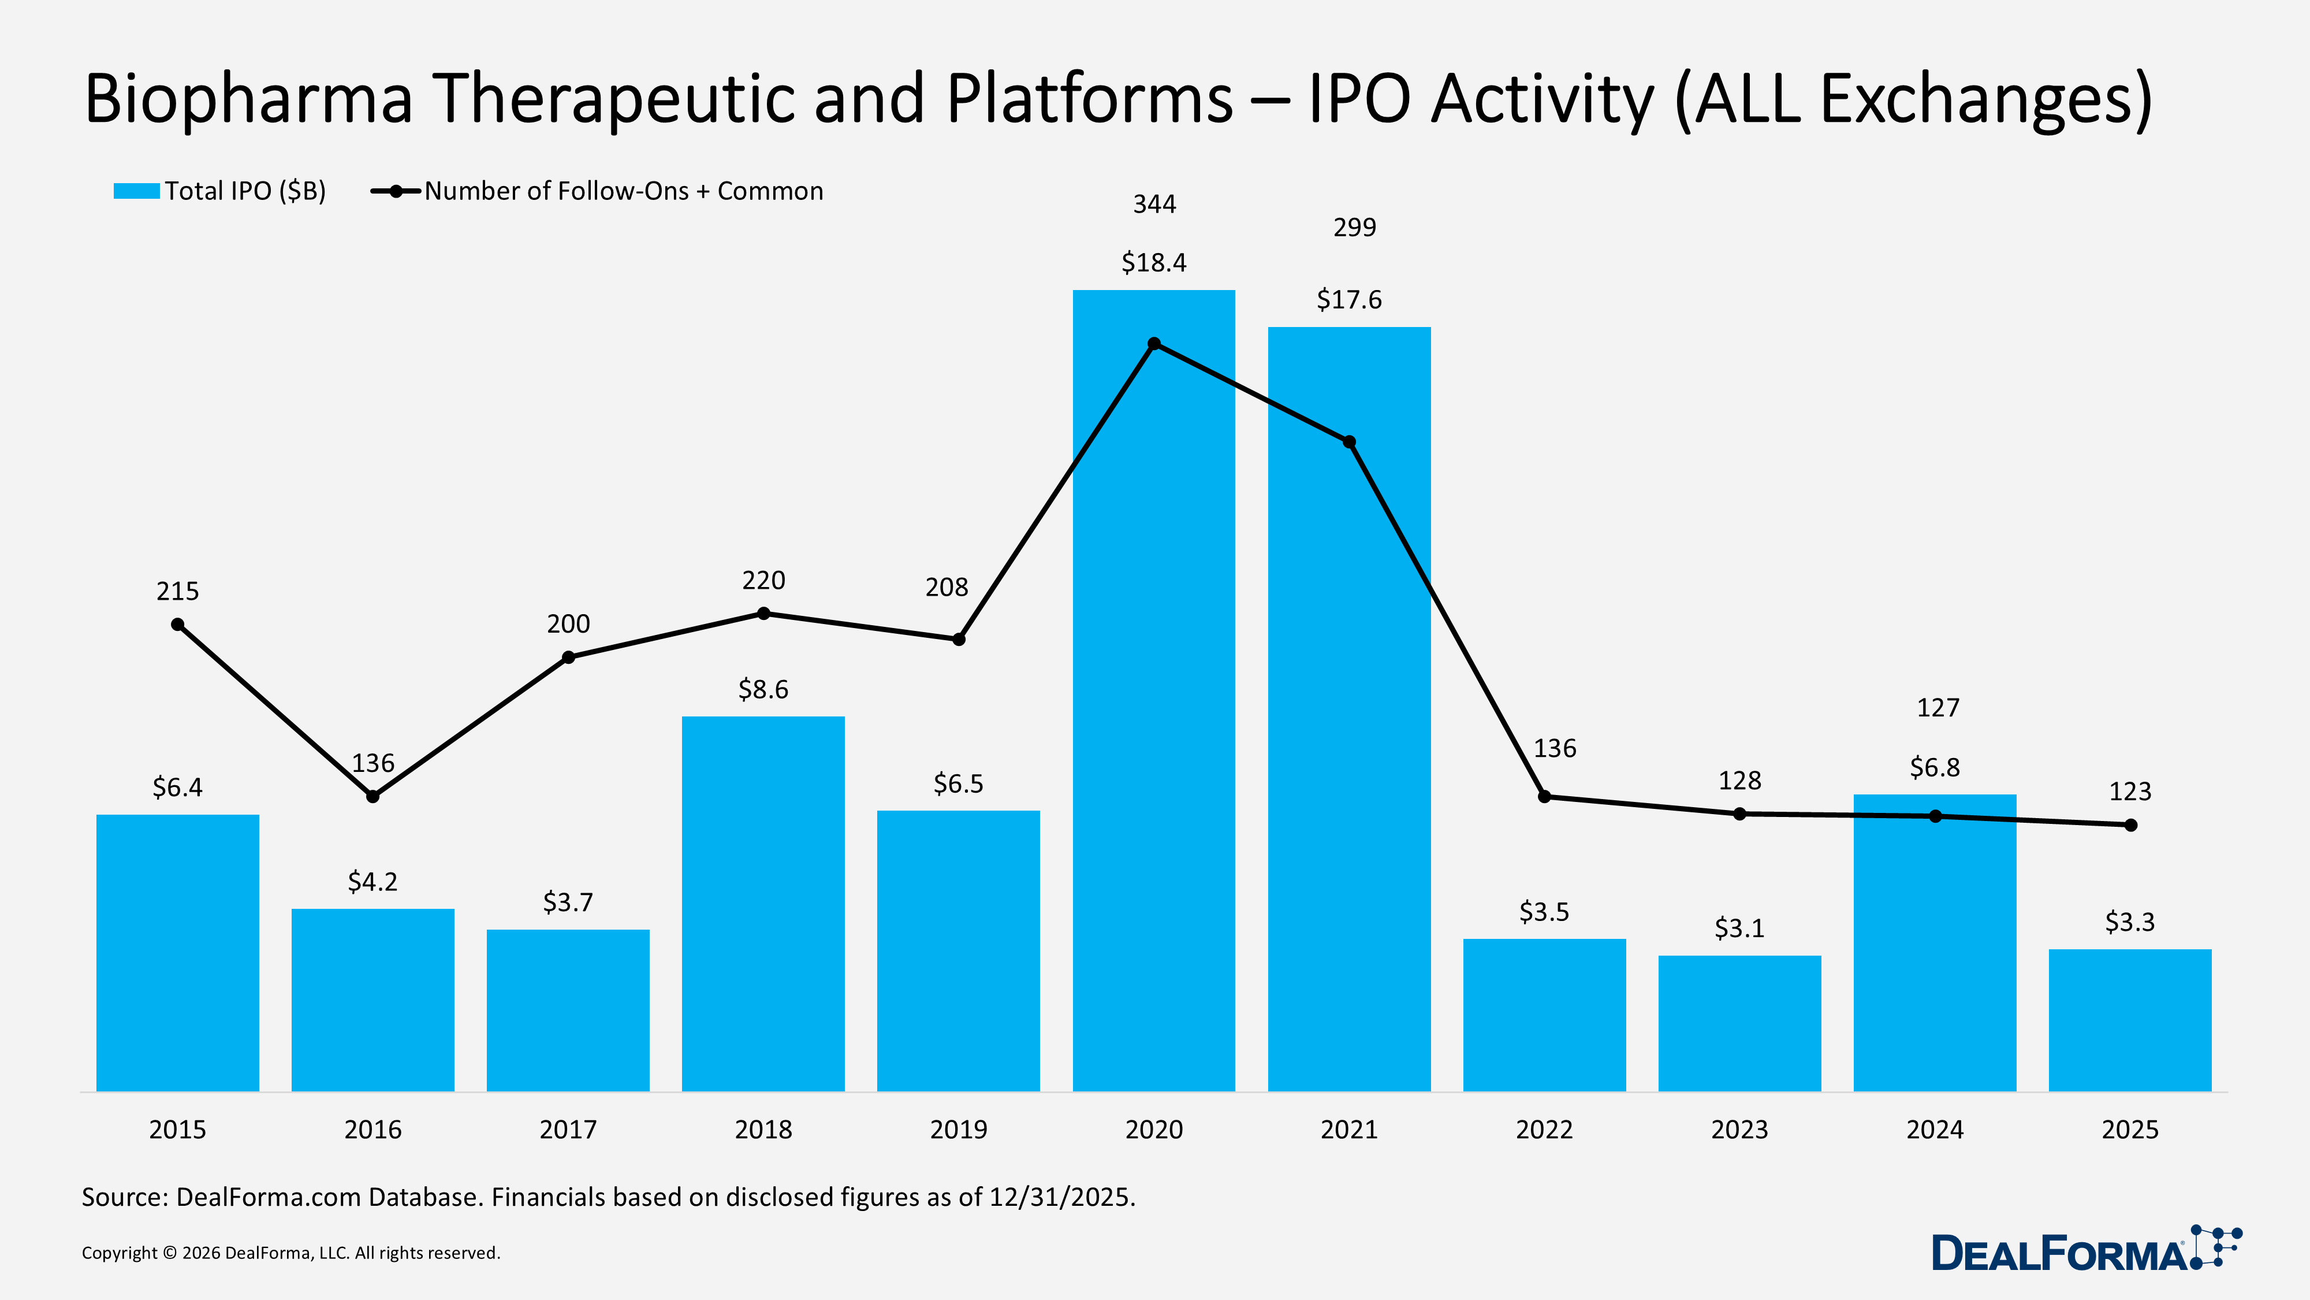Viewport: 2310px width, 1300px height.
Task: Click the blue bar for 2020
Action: (1153, 718)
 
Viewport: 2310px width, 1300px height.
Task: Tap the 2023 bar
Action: (1739, 1023)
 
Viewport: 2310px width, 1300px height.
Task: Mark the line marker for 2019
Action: (959, 640)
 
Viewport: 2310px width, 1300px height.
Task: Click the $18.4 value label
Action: (1153, 263)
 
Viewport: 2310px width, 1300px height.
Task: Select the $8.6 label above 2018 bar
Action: (763, 689)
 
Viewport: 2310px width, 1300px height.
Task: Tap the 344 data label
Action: (1154, 205)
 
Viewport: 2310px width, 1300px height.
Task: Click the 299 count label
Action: (1354, 228)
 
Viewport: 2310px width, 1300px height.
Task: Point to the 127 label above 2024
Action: (1938, 708)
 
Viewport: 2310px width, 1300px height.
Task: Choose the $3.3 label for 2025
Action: (2130, 922)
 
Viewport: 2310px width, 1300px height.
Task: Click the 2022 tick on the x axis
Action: (1544, 1130)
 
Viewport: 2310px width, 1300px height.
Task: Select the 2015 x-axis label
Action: (177, 1130)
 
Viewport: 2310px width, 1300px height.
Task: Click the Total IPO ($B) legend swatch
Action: (136, 191)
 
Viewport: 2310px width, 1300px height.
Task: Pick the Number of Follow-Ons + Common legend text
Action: (623, 191)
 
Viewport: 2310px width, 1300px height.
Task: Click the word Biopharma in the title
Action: (248, 99)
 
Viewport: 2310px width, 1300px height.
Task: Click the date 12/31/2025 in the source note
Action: (1062, 1198)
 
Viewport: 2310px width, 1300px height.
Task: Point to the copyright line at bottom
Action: (290, 1253)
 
